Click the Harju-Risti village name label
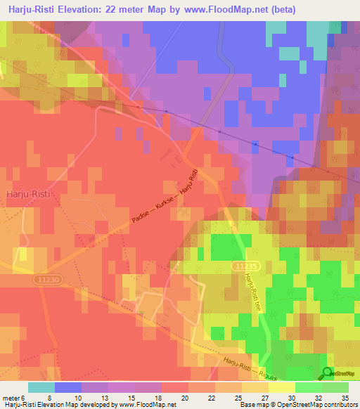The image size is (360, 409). click(x=27, y=193)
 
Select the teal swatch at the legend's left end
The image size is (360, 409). click(x=41, y=387)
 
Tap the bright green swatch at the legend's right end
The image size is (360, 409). click(x=335, y=387)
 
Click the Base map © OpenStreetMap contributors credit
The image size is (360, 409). click(x=298, y=405)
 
